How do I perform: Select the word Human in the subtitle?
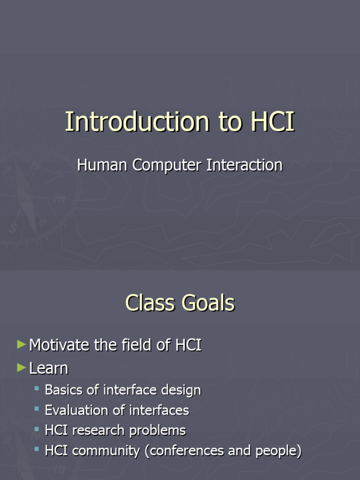pos(103,165)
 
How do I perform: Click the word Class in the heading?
pos(150,303)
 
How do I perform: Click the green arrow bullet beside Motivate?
pos(21,345)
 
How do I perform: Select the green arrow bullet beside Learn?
pos(21,368)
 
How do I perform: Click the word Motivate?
pos(60,345)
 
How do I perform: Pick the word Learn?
pos(48,368)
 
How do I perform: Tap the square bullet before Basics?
pos(37,389)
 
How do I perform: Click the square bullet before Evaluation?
pos(37,409)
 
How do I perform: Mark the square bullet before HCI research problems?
pos(37,429)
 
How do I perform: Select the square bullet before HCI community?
pos(37,450)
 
